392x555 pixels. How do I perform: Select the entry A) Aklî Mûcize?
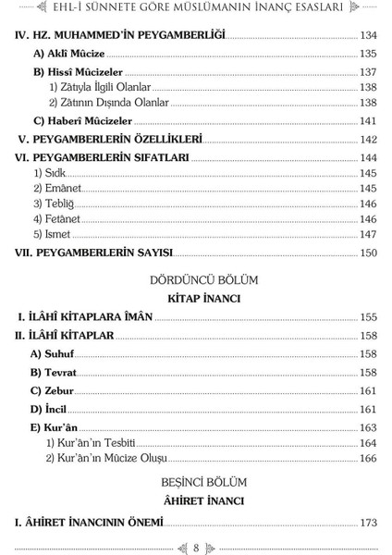[x=62, y=53]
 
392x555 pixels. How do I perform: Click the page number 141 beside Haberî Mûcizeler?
[x=369, y=121]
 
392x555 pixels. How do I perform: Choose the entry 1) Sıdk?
[x=51, y=174]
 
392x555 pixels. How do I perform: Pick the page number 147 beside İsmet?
[x=369, y=235]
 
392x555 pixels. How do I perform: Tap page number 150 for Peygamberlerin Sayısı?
[x=369, y=253]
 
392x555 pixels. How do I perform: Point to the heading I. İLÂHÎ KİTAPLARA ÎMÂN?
[x=85, y=317]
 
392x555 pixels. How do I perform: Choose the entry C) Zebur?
[x=55, y=390]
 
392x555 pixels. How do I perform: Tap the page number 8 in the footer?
[x=196, y=543]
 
